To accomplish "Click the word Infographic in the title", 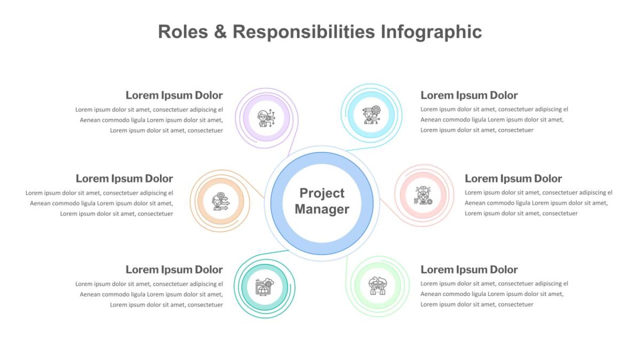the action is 431,31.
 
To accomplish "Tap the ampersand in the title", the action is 220,31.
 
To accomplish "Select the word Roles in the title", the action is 183,31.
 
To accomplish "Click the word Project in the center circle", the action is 322,194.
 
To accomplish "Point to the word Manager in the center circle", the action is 322,209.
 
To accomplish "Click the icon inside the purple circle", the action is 266,118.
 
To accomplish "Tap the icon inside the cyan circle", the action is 371,115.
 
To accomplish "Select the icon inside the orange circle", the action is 220,202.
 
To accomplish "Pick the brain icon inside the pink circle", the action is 423,195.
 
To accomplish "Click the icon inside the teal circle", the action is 265,287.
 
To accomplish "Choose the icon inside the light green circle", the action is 378,286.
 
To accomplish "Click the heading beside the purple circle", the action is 174,95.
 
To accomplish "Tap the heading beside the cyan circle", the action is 469,95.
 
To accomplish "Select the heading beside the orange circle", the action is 124,179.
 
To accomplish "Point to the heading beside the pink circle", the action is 513,179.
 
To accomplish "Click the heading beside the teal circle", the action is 174,270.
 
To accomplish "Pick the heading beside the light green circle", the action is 469,270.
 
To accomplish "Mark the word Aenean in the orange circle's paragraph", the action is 40,203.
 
